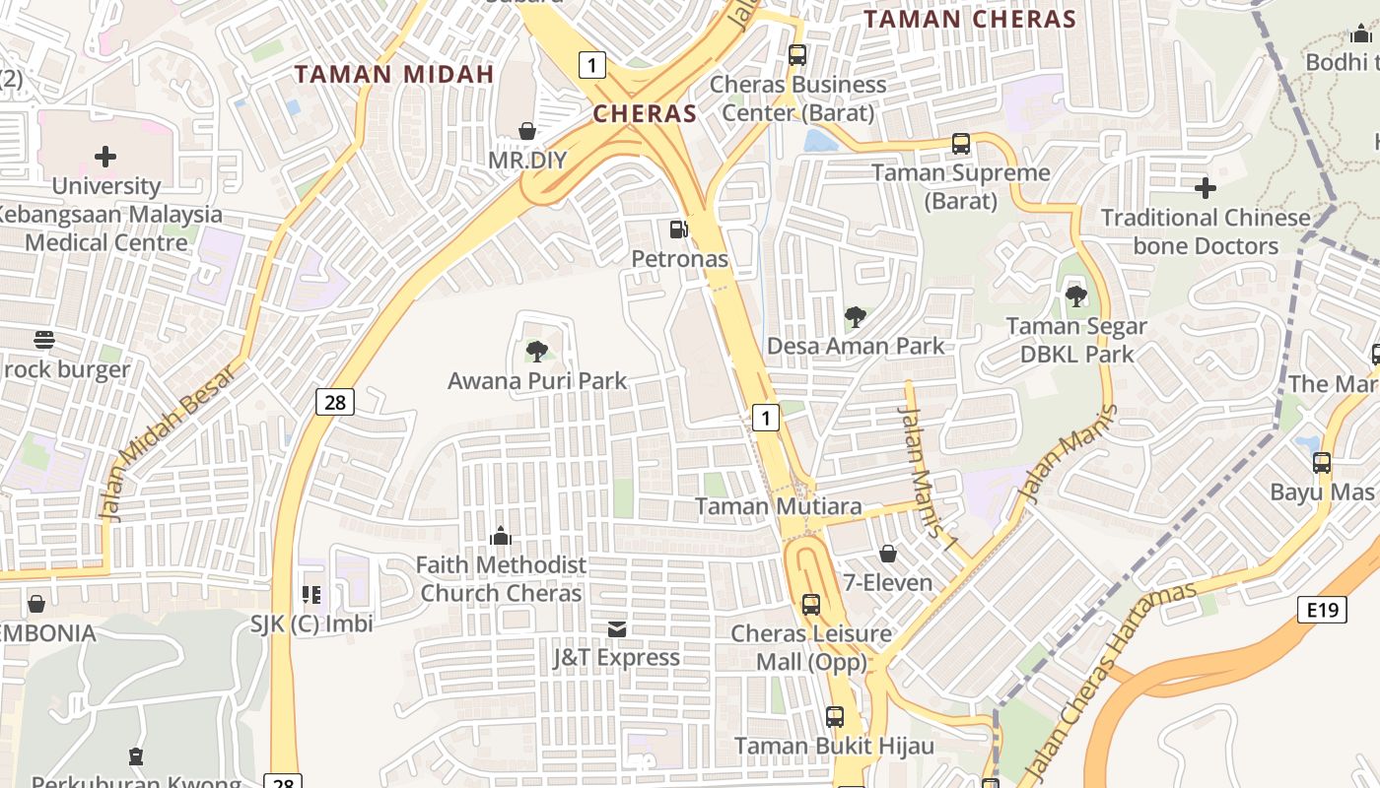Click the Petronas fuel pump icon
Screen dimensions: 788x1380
tap(678, 230)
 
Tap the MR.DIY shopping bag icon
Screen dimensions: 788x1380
tap(527, 131)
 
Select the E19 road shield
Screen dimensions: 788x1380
tap(1322, 611)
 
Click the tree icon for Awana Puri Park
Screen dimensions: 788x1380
tap(537, 351)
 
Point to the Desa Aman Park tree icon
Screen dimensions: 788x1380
tap(856, 317)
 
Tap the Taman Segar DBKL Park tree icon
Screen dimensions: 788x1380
tap(1075, 295)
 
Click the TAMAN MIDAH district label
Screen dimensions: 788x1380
tap(393, 74)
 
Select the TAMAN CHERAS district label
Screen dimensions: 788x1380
tap(970, 20)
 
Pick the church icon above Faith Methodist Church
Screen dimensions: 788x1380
tap(501, 536)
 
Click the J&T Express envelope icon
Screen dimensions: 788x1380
tap(617, 628)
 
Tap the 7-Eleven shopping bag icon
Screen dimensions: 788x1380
tap(887, 554)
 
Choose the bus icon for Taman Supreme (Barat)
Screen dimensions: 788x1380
tap(961, 144)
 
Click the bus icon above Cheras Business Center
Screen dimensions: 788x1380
tap(797, 55)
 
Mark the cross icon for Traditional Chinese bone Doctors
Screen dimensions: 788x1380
tap(1205, 187)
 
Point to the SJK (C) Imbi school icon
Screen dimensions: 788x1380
tap(311, 594)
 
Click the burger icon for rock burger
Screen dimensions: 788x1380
tap(44, 340)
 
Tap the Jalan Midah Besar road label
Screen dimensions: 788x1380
tap(169, 442)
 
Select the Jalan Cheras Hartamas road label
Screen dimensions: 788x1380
tap(1110, 681)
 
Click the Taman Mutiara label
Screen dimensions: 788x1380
tap(779, 506)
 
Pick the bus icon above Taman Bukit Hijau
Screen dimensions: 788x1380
tap(835, 717)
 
